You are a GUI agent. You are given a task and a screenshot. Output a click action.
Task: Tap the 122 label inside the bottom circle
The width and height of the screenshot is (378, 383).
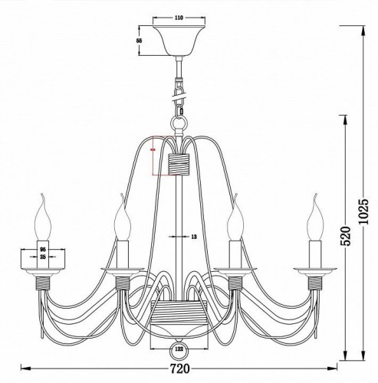tap(178, 350)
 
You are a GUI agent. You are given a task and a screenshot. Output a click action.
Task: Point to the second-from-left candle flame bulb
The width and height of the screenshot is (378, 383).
tap(120, 220)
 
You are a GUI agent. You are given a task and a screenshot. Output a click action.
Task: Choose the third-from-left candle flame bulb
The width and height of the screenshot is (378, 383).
tap(238, 220)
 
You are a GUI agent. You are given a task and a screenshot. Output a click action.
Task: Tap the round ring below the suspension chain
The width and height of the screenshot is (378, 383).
tap(179, 122)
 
